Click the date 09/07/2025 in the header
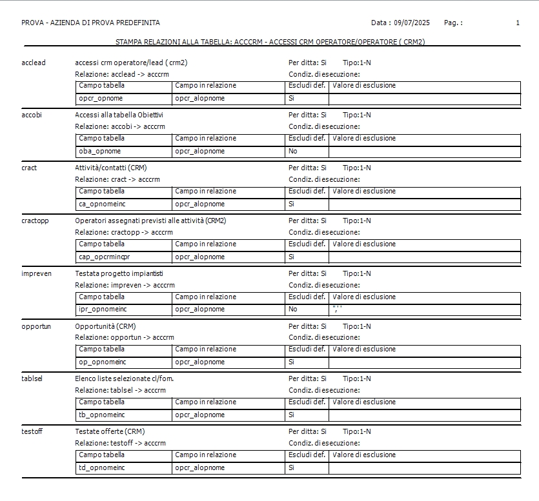coord(411,23)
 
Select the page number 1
coord(518,23)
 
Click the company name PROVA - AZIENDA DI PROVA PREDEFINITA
coord(90,23)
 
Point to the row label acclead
coord(34,63)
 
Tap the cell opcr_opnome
coord(101,99)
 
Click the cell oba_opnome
coord(100,152)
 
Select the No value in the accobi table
coord(293,152)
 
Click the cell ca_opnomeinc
coord(101,204)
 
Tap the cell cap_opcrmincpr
coord(105,257)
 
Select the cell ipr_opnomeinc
coord(103,309)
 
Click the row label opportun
coord(36,326)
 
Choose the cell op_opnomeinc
coord(102,362)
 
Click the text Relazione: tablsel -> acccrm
coord(120,390)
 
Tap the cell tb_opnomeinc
coord(102,415)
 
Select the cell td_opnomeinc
coord(102,468)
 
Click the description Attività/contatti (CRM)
coord(110,168)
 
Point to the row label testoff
coord(32,431)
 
